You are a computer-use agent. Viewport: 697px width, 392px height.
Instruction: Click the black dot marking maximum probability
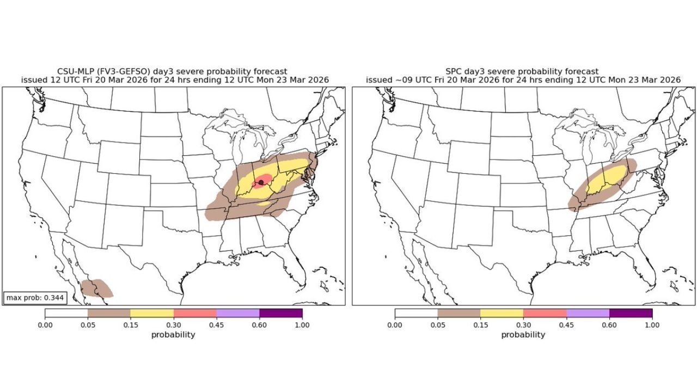(x=261, y=182)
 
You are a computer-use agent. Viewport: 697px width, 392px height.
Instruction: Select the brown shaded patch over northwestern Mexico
(x=96, y=287)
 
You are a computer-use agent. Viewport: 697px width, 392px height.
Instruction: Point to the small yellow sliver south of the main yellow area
(x=265, y=203)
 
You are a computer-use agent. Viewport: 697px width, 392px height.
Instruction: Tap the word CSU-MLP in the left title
(x=75, y=71)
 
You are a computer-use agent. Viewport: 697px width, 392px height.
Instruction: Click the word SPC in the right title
(x=454, y=71)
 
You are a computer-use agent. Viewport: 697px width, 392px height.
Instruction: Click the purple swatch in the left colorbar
(x=280, y=313)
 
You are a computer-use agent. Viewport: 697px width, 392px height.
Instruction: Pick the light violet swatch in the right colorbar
(x=588, y=313)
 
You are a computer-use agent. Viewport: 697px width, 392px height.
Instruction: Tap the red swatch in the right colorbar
(x=545, y=313)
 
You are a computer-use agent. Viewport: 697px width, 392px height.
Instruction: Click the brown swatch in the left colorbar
(x=109, y=313)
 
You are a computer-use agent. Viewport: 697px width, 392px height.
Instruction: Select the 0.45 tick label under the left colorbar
(x=216, y=324)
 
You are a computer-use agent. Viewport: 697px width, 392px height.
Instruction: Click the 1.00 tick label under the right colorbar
(x=652, y=324)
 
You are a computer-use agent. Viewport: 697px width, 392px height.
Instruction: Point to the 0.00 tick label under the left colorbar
(x=45, y=324)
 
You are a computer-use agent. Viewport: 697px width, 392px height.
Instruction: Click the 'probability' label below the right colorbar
(x=523, y=335)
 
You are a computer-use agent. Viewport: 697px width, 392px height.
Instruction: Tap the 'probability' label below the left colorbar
(x=173, y=335)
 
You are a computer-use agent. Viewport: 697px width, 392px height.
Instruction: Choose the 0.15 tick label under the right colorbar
(x=480, y=324)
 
